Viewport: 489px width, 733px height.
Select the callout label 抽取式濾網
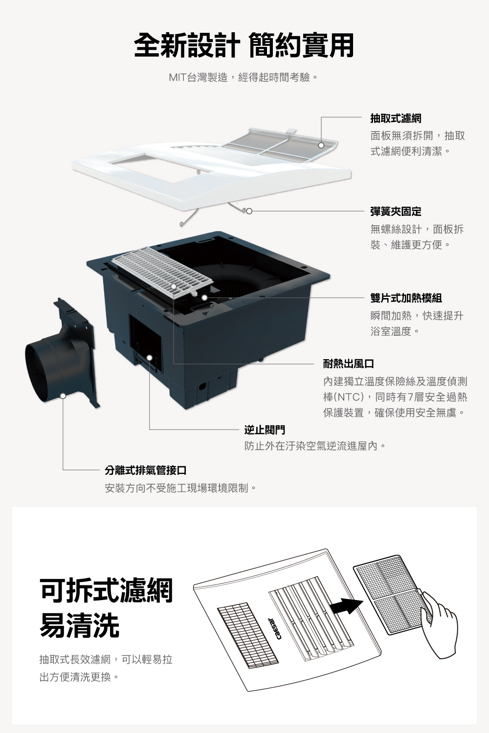coord(396,119)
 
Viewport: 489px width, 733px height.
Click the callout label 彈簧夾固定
coord(396,212)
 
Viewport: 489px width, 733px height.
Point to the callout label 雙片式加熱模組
coord(406,298)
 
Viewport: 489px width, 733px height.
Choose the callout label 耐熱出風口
coord(349,364)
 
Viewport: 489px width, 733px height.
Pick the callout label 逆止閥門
coord(265,430)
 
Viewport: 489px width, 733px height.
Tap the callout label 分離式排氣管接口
coord(146,471)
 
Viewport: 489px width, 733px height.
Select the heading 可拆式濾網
coord(106,590)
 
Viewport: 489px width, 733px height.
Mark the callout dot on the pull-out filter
coord(321,145)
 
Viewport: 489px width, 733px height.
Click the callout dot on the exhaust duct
coord(63,395)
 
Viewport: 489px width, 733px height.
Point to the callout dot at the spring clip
coord(249,212)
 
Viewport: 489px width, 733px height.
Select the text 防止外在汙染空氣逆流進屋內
coord(316,446)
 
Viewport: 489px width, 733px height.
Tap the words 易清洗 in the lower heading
coord(79,626)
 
